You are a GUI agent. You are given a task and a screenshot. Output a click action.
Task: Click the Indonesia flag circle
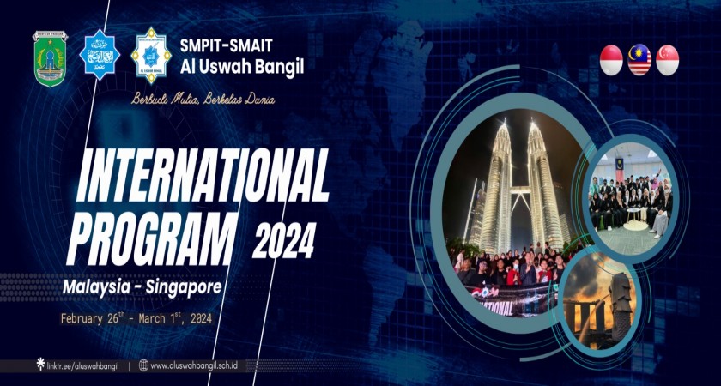[611, 60]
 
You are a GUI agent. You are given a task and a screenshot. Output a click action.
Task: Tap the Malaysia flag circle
[639, 60]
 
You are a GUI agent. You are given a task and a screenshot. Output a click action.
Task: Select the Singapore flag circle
[668, 60]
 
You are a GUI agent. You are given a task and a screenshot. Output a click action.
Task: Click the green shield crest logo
[50, 57]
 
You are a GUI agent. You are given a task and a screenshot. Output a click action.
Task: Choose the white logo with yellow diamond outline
[151, 56]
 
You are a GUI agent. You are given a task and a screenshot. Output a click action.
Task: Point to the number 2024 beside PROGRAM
[283, 240]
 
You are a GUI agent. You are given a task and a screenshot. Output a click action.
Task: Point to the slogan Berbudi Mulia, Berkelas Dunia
[203, 100]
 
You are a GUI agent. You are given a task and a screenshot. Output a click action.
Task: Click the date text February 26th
[93, 319]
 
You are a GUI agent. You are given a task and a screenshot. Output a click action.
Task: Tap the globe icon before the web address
[143, 365]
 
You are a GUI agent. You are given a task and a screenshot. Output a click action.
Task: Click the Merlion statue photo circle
[600, 300]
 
